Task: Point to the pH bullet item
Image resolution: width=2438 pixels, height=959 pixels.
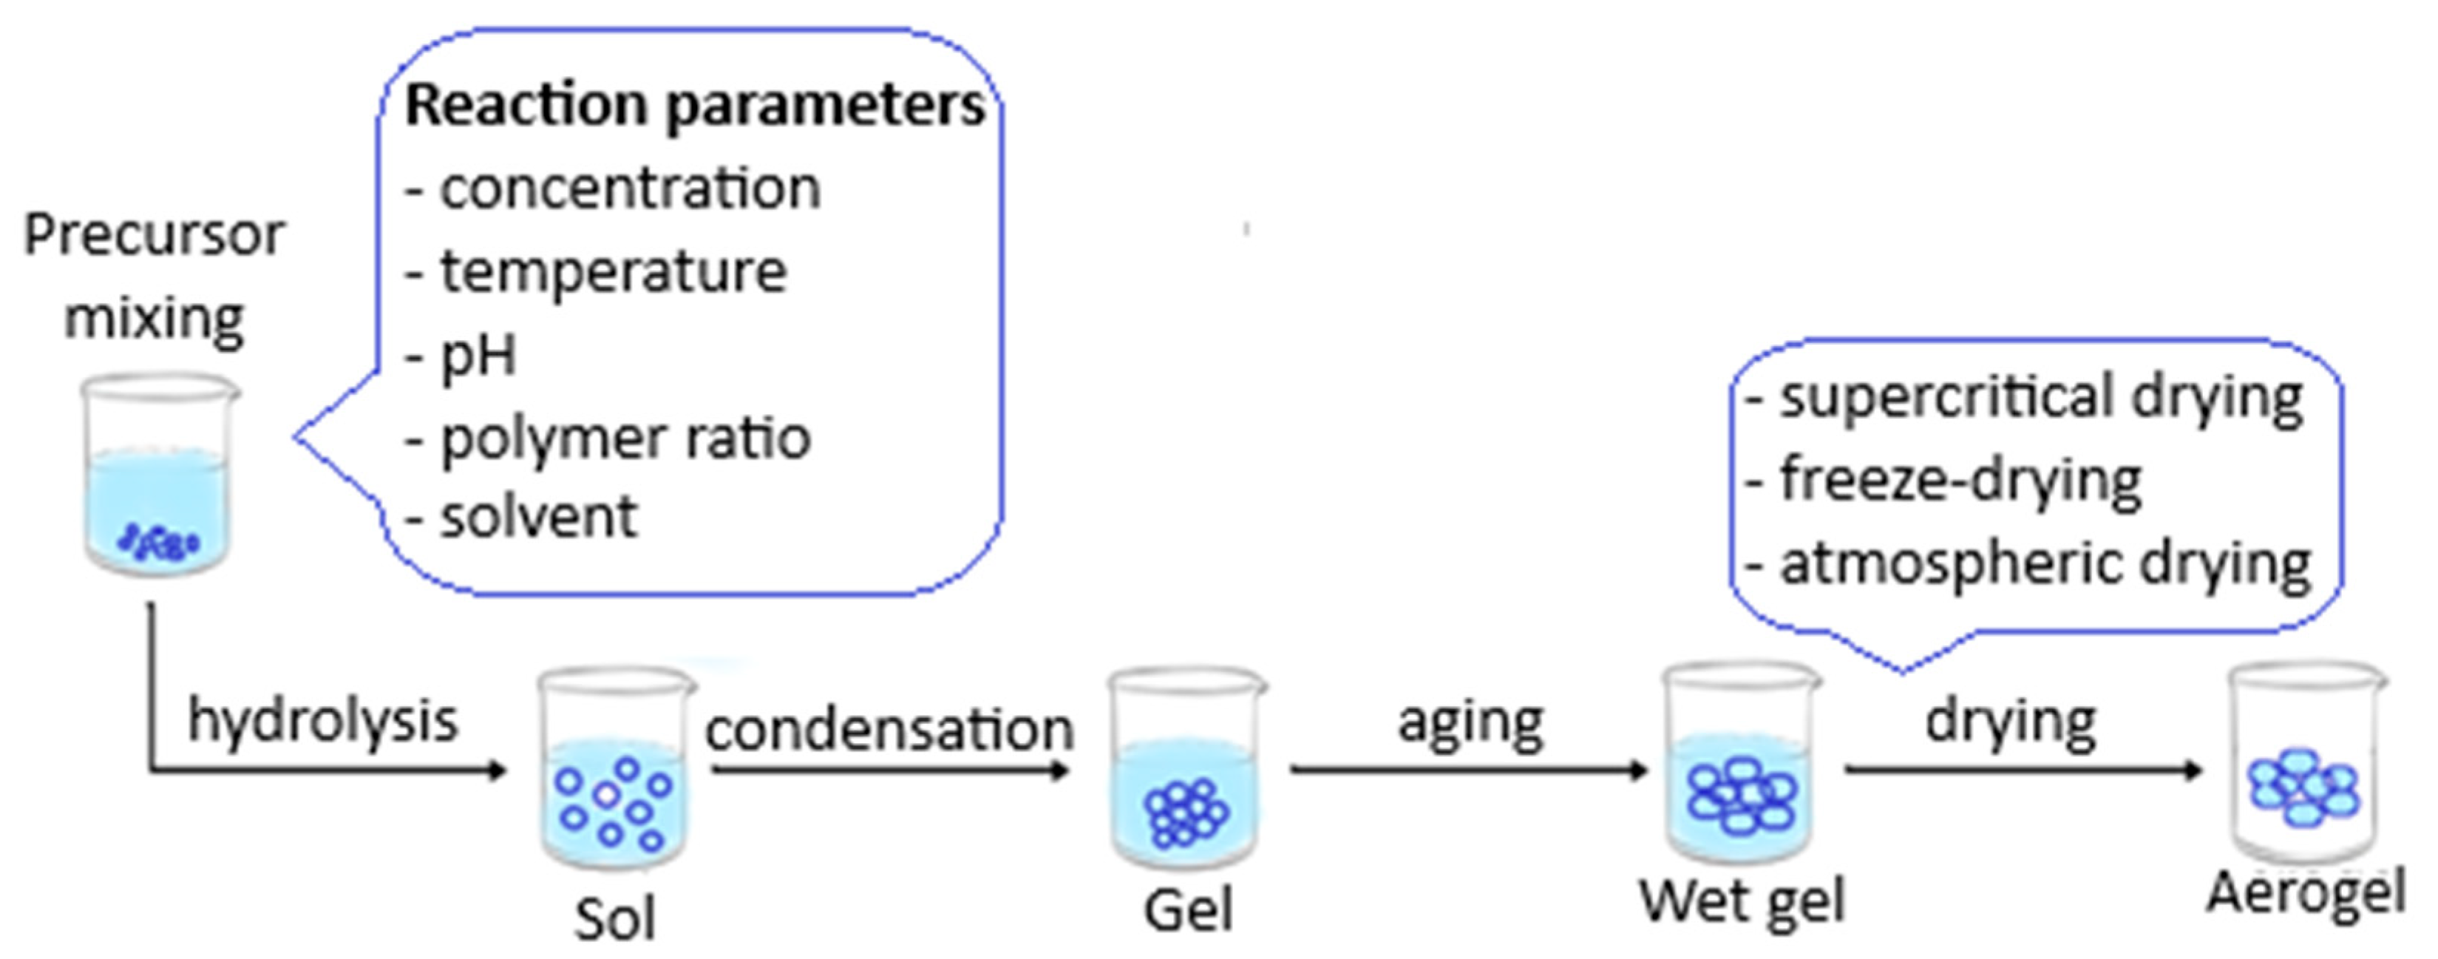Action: click(478, 356)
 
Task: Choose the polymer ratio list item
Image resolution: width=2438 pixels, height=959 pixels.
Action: click(625, 438)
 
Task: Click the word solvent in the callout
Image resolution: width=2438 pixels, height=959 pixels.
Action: click(538, 517)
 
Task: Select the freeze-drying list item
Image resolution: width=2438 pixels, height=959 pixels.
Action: click(1959, 481)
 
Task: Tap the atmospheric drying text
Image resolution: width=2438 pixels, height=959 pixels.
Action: click(2044, 564)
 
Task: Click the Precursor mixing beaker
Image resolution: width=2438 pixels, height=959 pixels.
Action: click(158, 473)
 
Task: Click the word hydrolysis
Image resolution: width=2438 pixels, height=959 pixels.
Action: click(323, 722)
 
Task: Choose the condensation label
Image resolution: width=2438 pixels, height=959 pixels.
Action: click(889, 731)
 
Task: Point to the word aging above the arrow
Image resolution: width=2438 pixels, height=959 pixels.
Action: click(1471, 723)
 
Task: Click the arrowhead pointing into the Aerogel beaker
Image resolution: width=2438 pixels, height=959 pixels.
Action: click(2192, 770)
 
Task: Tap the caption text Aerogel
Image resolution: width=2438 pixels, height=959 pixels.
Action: click(2306, 892)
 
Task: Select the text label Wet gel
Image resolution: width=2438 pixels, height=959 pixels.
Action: click(1742, 901)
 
